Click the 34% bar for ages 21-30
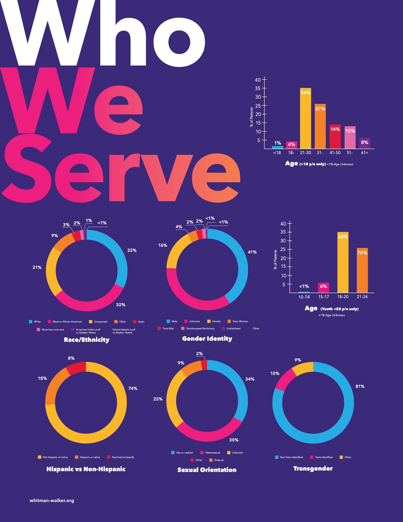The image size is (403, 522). click(x=305, y=118)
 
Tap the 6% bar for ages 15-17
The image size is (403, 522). click(x=323, y=288)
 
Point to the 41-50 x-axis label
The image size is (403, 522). click(x=335, y=153)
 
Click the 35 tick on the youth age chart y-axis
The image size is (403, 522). click(x=283, y=232)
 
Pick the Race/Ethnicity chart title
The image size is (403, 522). click(x=87, y=340)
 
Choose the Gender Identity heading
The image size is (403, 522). click(x=207, y=339)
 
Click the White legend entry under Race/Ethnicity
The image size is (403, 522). click(x=35, y=322)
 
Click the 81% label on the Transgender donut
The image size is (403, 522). click(x=360, y=386)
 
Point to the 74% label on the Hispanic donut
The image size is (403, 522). click(x=133, y=388)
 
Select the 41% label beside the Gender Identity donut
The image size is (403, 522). click(x=252, y=252)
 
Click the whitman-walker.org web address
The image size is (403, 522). click(x=52, y=501)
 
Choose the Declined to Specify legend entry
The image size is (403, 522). click(x=121, y=457)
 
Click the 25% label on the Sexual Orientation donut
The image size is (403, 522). click(x=158, y=399)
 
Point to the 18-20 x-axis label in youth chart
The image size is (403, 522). click(x=343, y=297)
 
